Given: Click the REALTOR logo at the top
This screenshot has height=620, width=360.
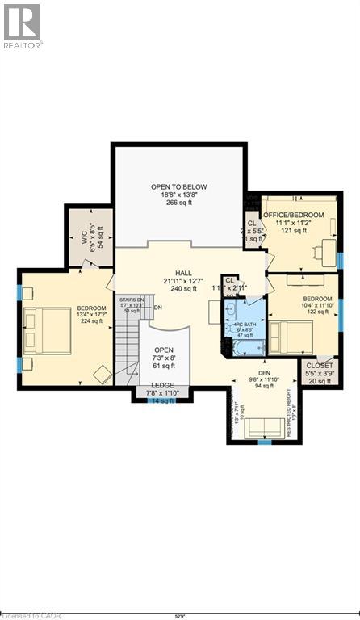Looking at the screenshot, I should tap(22, 25).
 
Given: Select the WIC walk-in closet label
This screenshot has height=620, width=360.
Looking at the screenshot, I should tap(83, 238).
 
